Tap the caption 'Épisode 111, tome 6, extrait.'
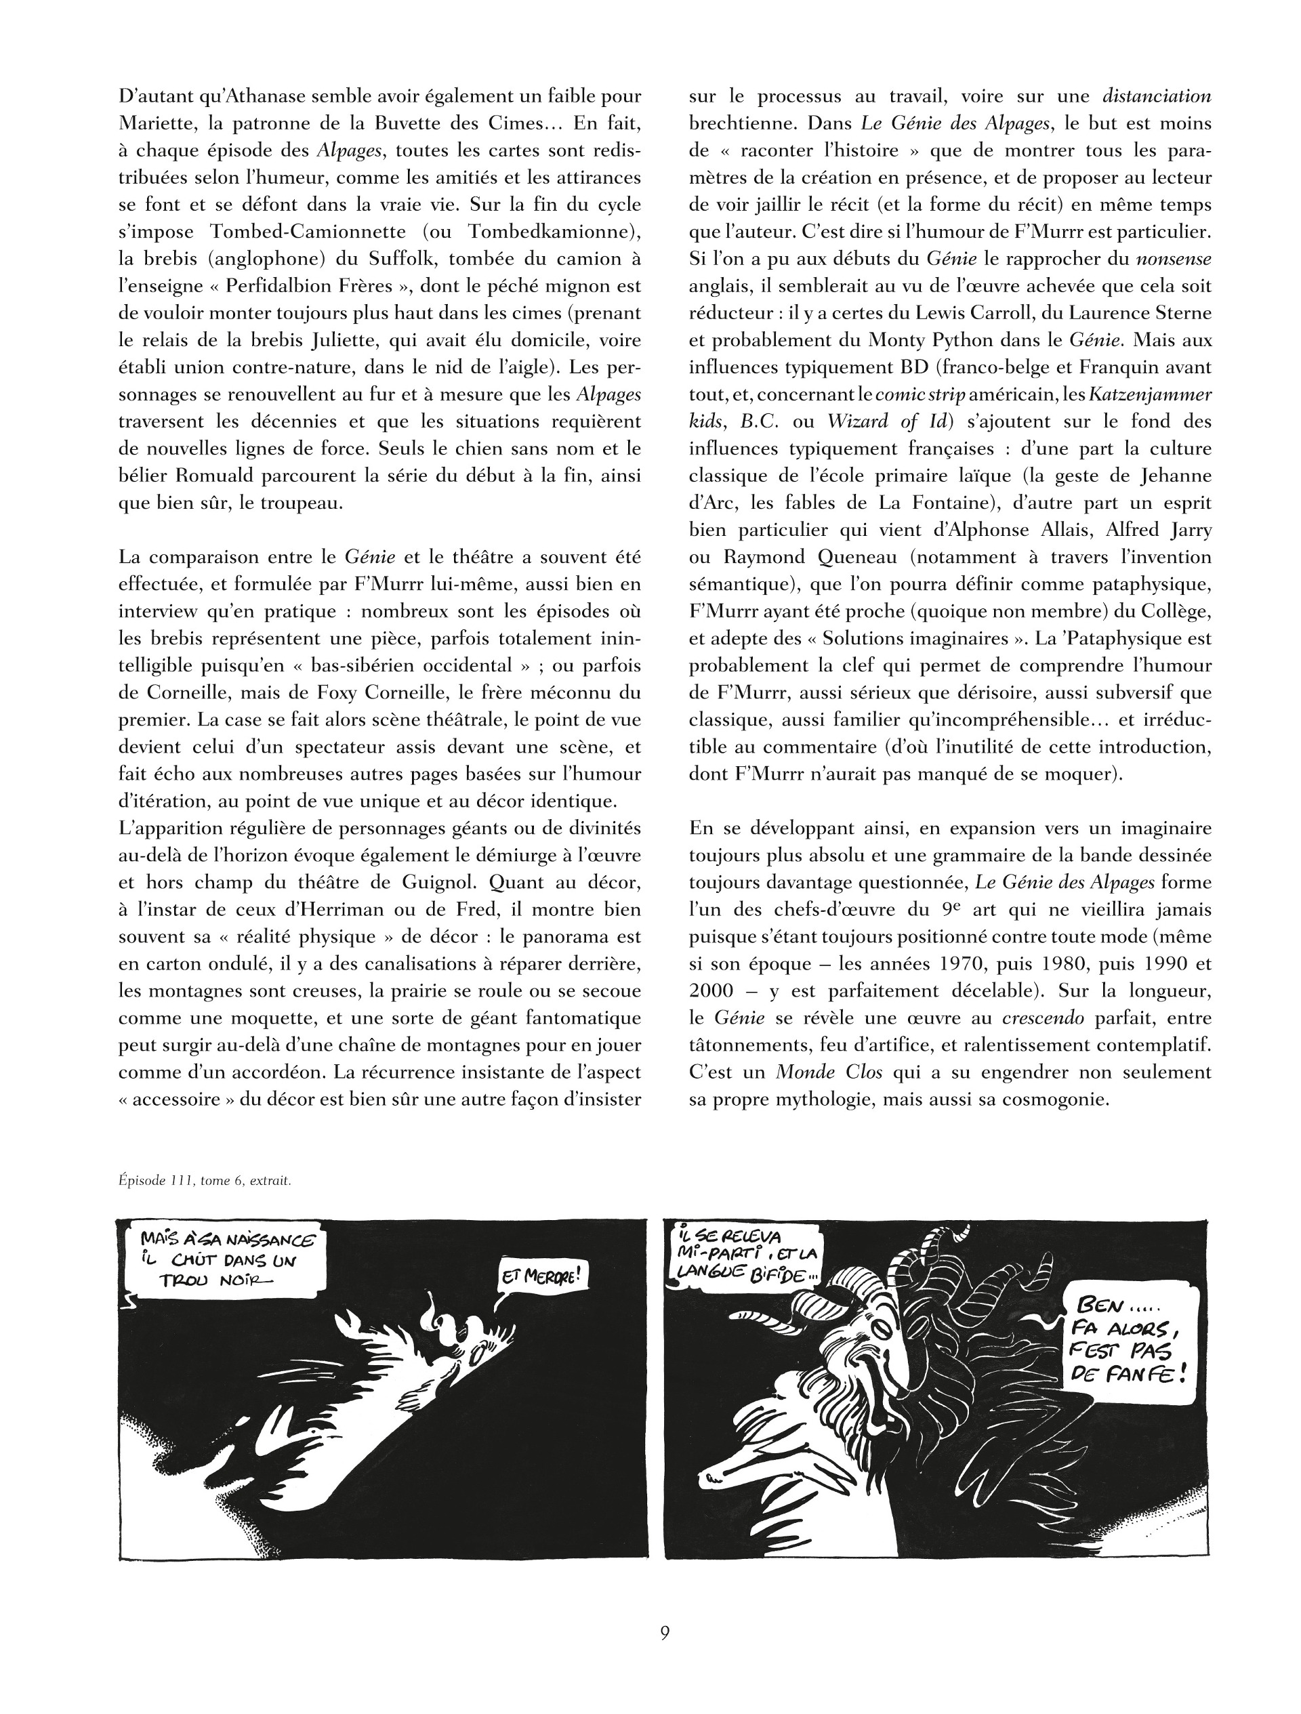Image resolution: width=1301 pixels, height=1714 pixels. pyautogui.click(x=205, y=1181)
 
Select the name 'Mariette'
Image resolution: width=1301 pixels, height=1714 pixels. pyautogui.click(x=151, y=124)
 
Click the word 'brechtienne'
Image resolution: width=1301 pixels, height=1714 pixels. pyautogui.click(x=741, y=124)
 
